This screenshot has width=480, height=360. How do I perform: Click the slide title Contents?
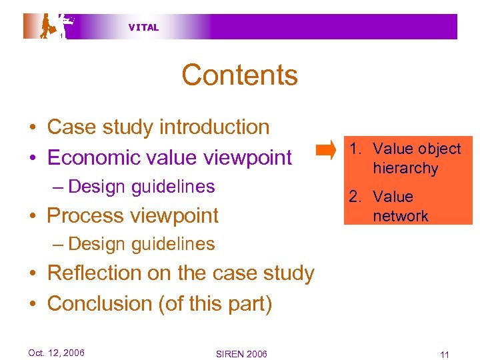239,75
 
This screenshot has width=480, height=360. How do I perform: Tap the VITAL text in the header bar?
143,27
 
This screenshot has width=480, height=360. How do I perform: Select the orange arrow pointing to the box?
326,150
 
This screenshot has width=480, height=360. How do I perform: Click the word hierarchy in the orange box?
405,169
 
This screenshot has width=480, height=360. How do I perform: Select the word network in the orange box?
401,216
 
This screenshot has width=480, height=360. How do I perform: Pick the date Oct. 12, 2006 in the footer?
56,353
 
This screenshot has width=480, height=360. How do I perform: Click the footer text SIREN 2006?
241,353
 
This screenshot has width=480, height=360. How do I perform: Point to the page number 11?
445,353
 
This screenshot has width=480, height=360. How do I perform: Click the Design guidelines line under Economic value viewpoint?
141,187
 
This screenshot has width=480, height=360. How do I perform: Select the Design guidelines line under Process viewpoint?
141,244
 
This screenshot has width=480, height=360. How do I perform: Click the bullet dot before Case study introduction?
32,128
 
